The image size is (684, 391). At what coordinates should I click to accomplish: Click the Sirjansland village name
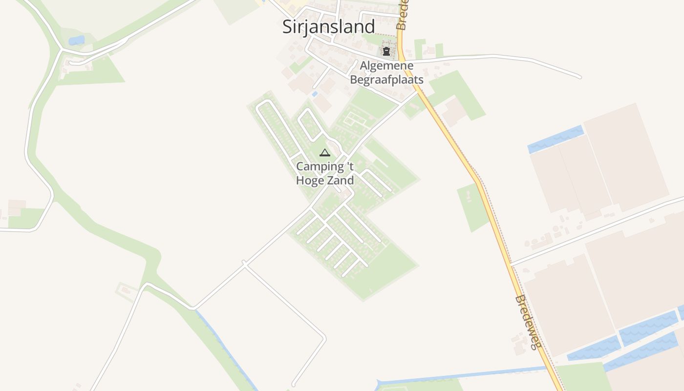pos(328,26)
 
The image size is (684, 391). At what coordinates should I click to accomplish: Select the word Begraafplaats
pos(386,79)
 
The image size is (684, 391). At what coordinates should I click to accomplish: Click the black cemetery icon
pos(386,51)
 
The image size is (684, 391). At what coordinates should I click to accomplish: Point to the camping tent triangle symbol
pos(325,153)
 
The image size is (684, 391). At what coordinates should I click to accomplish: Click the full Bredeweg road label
pos(528,322)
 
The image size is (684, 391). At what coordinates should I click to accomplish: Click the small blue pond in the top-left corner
pos(76,40)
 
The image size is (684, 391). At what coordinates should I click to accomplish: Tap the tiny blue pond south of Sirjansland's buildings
pos(315,93)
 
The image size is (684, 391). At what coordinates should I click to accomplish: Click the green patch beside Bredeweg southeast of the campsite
pos(472,207)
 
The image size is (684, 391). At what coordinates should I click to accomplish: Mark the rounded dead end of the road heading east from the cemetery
pos(579,76)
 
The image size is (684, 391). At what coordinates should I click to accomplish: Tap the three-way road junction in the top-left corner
pos(61,49)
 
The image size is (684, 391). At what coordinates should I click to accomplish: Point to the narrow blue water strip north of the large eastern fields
pos(556,139)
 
